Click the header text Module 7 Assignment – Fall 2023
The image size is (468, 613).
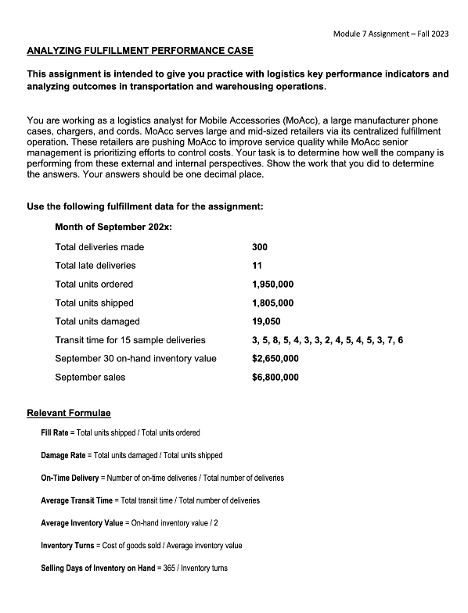391,34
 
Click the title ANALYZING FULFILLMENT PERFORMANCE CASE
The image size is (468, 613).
140,51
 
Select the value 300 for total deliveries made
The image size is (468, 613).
260,247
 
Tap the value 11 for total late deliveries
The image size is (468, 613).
257,266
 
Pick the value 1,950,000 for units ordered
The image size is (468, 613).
273,284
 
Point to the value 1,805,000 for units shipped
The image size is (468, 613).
273,303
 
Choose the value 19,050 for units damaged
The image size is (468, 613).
266,321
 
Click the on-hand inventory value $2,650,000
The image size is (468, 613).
275,359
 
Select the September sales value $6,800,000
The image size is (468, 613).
275,378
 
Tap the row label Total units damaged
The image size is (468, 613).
97,321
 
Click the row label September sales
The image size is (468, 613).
90,378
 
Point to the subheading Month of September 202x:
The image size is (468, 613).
113,227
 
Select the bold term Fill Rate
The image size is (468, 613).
54,432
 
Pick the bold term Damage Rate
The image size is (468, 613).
63,455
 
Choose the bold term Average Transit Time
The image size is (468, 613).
74,500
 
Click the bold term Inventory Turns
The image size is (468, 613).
67,545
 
